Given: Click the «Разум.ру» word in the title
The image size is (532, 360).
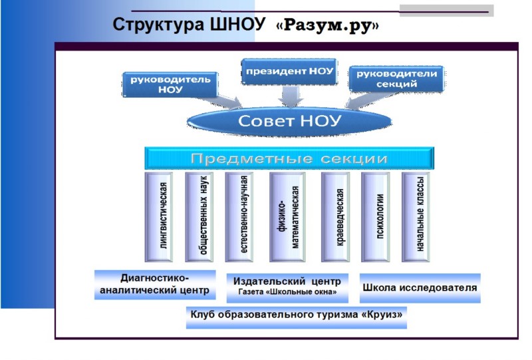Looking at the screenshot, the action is click(328, 25).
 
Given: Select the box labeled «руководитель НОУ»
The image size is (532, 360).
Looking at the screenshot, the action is click(170, 85).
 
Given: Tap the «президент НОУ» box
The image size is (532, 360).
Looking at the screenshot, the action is click(289, 71).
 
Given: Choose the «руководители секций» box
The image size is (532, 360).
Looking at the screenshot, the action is click(396, 79).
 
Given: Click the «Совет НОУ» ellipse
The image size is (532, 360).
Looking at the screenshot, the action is click(289, 121).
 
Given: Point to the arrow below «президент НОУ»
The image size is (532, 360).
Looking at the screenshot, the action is click(291, 96).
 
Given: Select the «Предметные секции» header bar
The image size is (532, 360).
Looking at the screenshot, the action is click(289, 158).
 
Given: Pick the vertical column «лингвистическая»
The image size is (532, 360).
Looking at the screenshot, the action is click(159, 217).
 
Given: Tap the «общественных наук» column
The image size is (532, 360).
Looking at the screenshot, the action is click(199, 217).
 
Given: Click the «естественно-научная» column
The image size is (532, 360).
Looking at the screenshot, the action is click(239, 217).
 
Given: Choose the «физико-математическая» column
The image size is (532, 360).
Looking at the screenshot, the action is click(287, 217).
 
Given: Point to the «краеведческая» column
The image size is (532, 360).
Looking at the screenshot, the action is click(336, 217).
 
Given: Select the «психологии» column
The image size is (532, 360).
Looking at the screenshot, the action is click(375, 217).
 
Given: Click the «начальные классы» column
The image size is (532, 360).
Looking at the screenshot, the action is click(416, 217).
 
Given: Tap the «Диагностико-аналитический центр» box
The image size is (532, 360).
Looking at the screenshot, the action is click(155, 285).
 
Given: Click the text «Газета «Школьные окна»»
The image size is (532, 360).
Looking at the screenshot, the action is click(287, 291).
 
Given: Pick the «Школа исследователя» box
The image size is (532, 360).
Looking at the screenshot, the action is click(420, 288).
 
